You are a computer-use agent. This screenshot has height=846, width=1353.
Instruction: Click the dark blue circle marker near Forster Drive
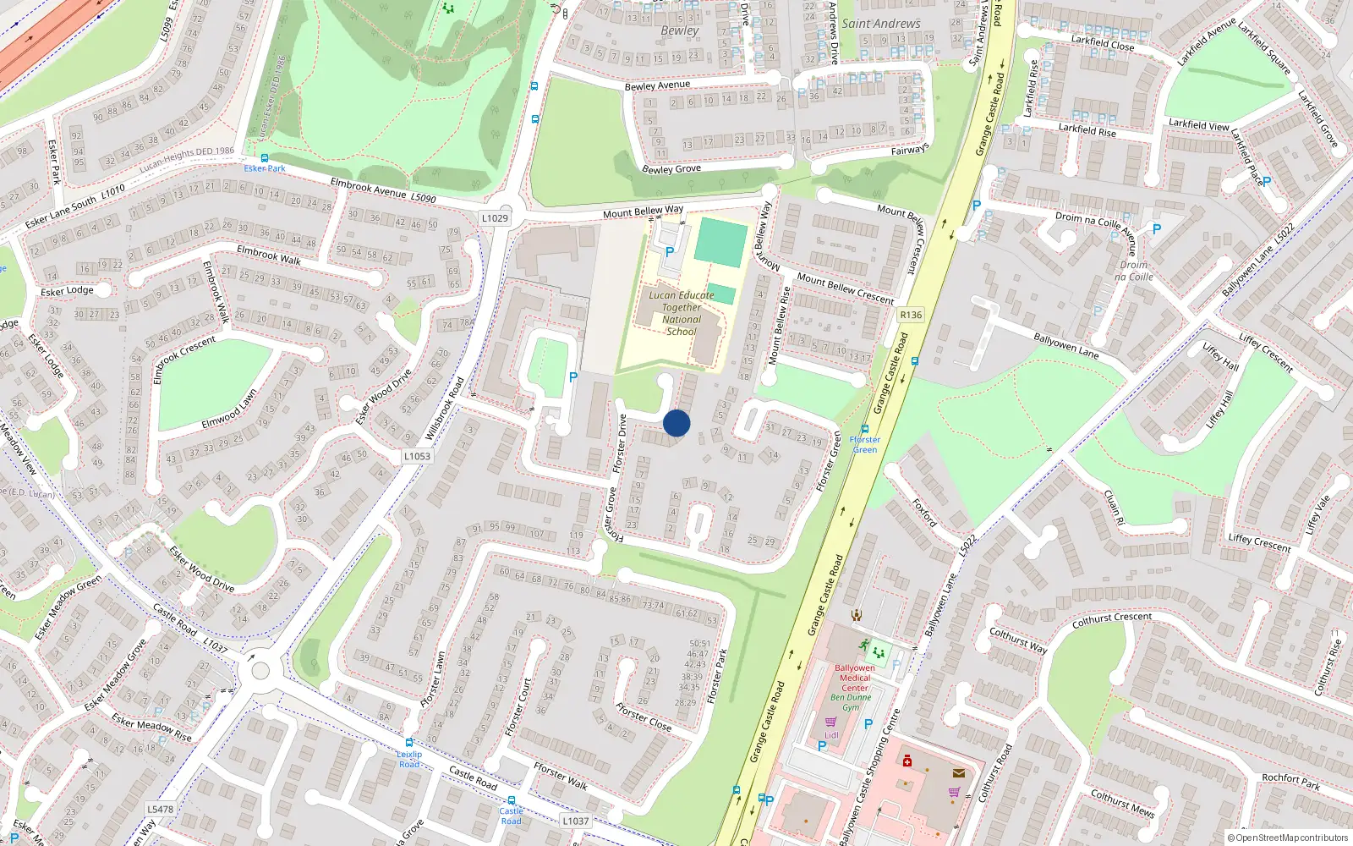point(676,423)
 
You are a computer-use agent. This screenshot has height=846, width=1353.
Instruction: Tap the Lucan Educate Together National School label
point(682,313)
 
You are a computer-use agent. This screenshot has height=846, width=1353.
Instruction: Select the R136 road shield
point(911,315)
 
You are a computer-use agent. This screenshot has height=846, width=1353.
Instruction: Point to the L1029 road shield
point(495,218)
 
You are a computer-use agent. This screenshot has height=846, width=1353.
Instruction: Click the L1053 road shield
point(417,456)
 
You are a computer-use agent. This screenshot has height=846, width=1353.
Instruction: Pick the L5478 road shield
point(160,809)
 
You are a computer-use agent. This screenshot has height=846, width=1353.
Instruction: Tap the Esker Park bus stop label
point(265,168)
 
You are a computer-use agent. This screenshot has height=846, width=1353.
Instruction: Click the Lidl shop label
point(832,735)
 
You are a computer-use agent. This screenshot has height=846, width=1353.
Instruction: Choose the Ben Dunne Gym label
point(851,702)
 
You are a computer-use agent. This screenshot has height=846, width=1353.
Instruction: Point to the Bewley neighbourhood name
point(680,30)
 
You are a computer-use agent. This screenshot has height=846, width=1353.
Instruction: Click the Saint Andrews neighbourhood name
point(880,24)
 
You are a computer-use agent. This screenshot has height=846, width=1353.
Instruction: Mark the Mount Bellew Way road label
point(643,211)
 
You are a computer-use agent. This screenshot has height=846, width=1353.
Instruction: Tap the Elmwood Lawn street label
point(229,409)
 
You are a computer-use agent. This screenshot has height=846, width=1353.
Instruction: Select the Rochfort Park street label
point(1290,782)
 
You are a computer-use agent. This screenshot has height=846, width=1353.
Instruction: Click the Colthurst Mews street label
point(1122,803)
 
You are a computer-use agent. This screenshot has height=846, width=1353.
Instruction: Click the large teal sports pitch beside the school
point(720,243)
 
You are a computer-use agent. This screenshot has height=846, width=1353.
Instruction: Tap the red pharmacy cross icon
point(907,761)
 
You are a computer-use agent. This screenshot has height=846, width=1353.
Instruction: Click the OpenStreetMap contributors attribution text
point(1291,838)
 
